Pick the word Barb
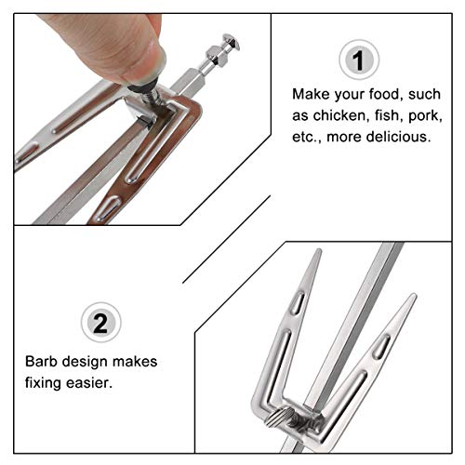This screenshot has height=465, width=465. (x=43, y=361)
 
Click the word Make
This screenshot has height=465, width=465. (x=309, y=95)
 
